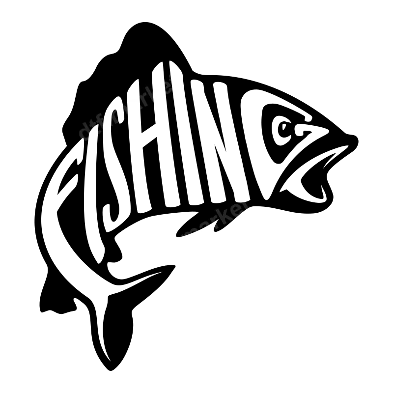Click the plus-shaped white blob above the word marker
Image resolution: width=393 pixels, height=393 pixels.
[x=242, y=198]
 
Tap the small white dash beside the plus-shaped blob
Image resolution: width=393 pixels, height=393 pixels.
[x=251, y=210]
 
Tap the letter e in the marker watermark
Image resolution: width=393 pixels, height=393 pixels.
[x=231, y=212]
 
